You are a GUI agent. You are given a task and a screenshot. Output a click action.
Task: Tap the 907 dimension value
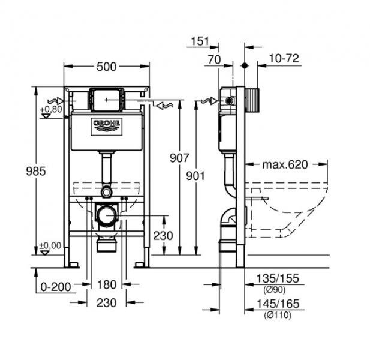(180, 158)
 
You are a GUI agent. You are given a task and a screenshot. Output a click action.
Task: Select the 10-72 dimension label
(284, 58)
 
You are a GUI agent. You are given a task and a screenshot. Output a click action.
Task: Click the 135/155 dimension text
(278, 279)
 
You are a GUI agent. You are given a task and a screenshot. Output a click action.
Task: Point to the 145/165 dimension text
(278, 304)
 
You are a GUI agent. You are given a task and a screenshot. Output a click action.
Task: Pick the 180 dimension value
(106, 287)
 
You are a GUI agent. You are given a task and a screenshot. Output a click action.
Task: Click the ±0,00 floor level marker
(50, 245)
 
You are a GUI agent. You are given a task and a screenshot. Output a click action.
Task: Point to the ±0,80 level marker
(50, 110)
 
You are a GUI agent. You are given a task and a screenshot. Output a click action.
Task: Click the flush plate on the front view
(106, 98)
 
